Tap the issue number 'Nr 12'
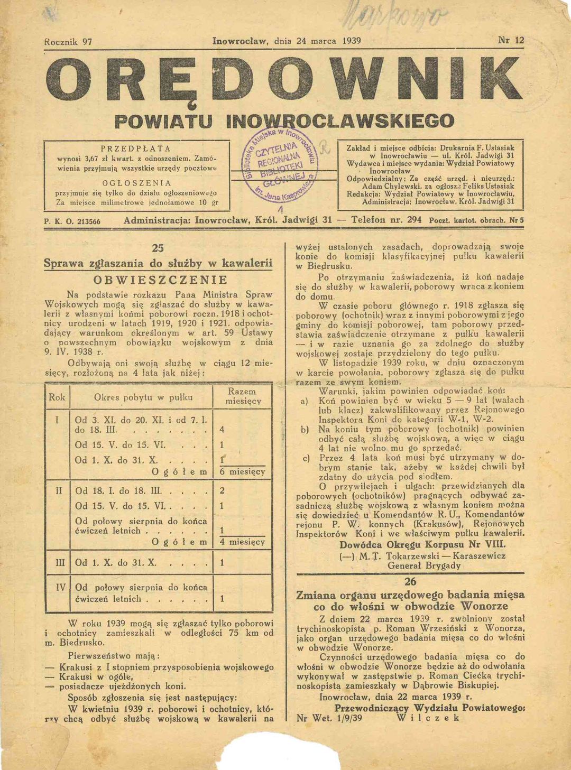511,41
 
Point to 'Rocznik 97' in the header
69,42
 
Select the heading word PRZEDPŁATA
135,149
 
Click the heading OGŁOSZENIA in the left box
136,183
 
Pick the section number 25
158,248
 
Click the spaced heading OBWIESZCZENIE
160,280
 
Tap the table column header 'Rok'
57,397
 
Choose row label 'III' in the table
60,563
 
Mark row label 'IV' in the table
60,587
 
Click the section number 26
410,582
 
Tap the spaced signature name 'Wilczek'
428,718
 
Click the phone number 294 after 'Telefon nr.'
414,219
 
